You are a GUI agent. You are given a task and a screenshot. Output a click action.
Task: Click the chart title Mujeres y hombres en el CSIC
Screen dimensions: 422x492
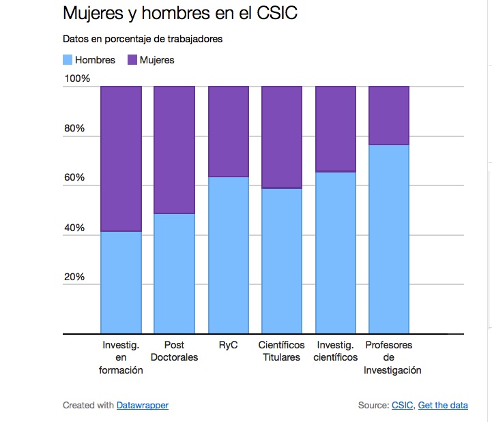tap(180, 14)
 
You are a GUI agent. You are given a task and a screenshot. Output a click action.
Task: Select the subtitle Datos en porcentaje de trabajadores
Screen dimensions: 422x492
tap(143, 39)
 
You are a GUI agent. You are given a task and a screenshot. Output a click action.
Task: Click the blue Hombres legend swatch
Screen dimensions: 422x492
tap(68, 60)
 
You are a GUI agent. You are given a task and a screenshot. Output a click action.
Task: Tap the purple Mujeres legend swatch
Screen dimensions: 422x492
tap(132, 60)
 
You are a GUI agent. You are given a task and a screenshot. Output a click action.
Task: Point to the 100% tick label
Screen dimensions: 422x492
tap(77, 79)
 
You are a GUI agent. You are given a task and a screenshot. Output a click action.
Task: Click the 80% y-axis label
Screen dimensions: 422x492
tap(74, 128)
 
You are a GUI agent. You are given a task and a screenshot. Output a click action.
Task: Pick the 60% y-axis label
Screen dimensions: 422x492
tap(74, 178)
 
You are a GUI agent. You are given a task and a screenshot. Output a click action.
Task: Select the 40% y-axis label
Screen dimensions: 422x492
tap(74, 228)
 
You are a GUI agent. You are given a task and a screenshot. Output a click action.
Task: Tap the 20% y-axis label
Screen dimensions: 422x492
tap(74, 277)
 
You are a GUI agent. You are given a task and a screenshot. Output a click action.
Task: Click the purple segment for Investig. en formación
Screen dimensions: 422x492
tap(121, 159)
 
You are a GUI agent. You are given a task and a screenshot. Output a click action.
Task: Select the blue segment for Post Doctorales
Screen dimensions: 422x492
tap(174, 273)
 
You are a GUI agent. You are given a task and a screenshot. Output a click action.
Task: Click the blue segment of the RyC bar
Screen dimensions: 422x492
tap(228, 255)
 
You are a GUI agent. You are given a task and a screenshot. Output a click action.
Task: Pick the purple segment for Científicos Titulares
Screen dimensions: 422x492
tap(281, 137)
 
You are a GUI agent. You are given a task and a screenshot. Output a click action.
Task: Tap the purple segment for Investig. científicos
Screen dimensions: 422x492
tap(335, 129)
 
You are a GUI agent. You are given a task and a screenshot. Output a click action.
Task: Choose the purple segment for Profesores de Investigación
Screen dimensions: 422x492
tap(389, 116)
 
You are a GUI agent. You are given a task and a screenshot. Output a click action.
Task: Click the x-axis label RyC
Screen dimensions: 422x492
tap(228, 345)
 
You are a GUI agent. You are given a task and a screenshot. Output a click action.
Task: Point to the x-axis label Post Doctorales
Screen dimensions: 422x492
tap(174, 351)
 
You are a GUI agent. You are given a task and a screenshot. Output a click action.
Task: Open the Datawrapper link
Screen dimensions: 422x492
tap(142, 405)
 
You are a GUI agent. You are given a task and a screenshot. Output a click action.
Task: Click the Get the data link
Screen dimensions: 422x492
tap(443, 405)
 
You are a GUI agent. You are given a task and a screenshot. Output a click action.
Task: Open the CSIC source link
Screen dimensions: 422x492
tap(402, 405)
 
